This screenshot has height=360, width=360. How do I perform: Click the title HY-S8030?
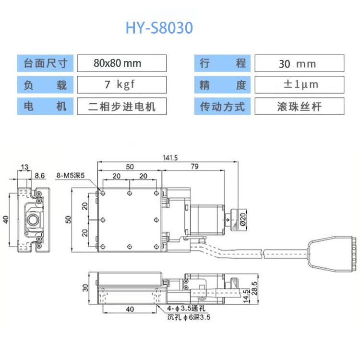tap(159, 28)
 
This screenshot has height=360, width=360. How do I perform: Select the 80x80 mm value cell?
tap(121, 63)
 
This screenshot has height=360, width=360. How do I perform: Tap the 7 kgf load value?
tap(121, 84)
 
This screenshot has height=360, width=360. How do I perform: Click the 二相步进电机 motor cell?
tap(121, 106)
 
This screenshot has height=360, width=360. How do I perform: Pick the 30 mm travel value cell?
tap(299, 63)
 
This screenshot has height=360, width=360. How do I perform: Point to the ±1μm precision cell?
tap(299, 84)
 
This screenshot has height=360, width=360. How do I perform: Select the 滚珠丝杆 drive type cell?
tap(299, 106)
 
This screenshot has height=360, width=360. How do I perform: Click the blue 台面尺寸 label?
tap(46, 63)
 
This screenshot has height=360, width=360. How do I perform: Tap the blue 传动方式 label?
tap(222, 106)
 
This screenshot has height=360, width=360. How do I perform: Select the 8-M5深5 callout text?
tap(70, 175)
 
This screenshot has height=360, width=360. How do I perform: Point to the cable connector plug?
tap(331, 254)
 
